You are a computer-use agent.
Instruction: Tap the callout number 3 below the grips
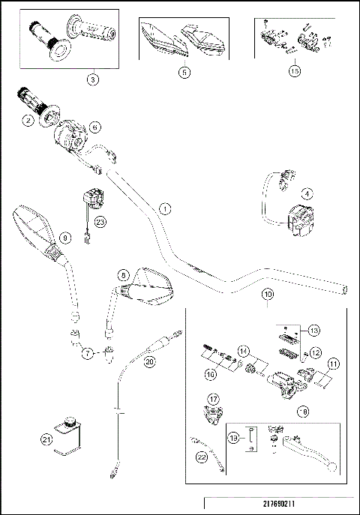(92, 77)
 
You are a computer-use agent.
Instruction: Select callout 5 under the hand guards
(184, 73)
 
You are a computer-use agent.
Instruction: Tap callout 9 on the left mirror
(64, 238)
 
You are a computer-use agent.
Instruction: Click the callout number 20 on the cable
(149, 361)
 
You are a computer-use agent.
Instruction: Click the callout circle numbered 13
(314, 330)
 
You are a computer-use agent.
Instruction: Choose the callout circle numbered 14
(243, 351)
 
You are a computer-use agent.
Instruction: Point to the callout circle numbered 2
(27, 120)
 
